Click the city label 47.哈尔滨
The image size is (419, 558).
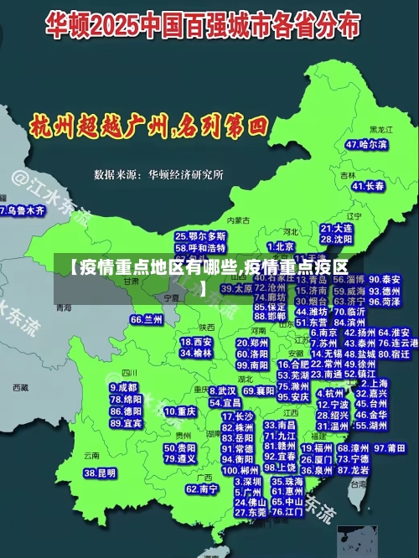(366, 145)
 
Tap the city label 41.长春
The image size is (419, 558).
(369, 186)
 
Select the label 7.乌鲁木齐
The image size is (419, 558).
(22, 211)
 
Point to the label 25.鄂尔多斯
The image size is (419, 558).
(200, 237)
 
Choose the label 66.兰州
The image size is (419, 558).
(147, 320)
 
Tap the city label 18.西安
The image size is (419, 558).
(196, 342)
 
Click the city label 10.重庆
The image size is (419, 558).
(180, 412)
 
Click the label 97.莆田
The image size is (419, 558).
(390, 448)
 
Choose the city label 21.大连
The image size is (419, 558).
(336, 228)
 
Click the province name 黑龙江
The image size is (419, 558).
(381, 131)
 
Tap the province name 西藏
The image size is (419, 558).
(21, 387)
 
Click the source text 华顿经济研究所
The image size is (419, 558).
(186, 175)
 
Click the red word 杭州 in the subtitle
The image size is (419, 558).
(52, 127)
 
